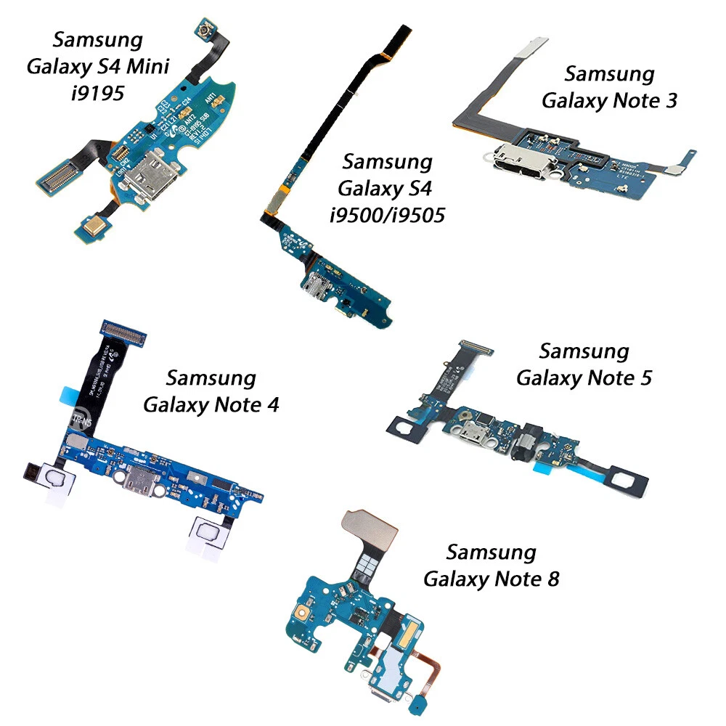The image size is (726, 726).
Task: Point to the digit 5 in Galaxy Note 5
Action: (644, 378)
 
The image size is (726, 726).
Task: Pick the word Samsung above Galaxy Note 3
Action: (609, 74)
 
